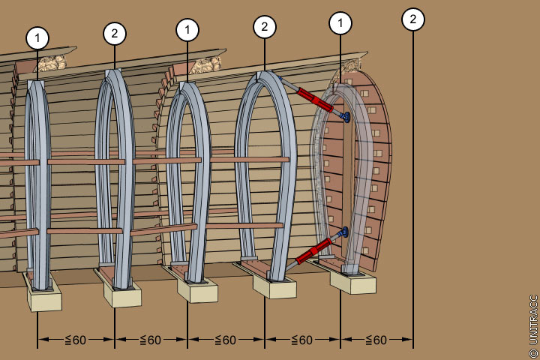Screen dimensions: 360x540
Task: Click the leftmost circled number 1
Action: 37,37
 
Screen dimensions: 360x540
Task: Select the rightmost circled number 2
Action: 413,19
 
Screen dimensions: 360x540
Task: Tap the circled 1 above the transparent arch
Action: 340,23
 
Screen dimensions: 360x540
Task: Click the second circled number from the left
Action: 114,33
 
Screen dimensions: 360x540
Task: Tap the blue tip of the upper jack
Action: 345,117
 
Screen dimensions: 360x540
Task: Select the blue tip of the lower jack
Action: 344,233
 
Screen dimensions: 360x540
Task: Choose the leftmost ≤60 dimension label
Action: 75,340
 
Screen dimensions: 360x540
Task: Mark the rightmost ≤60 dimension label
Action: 376,340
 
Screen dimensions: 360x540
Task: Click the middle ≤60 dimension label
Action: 225,340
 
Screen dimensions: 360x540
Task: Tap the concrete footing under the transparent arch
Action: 353,282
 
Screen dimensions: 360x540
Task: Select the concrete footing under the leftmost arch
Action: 44,298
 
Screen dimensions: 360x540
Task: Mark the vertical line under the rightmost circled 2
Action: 413,187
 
